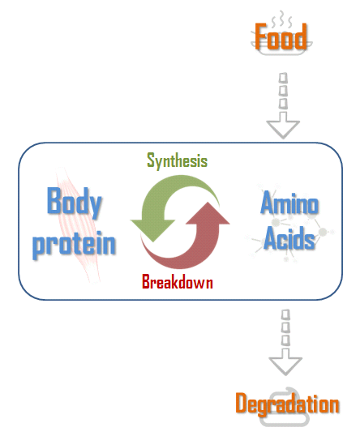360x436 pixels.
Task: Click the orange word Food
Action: tap(281, 36)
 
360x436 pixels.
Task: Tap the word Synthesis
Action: tap(178, 160)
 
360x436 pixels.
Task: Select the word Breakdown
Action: tap(178, 281)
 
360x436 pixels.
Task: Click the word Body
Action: tap(74, 203)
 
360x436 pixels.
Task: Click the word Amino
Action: tap(289, 203)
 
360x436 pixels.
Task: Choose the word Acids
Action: tap(289, 238)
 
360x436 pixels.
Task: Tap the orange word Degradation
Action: tap(287, 404)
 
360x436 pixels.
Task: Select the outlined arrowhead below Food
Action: tap(283, 126)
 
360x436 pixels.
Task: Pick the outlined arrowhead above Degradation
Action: tap(285, 362)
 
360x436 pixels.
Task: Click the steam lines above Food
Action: tap(281, 19)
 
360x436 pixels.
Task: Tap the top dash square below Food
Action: tap(283, 78)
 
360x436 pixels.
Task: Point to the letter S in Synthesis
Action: tap(151, 160)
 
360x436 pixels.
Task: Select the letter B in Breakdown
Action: tap(146, 281)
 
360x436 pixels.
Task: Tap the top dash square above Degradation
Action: tap(285, 314)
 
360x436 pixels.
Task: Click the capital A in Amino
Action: tap(267, 203)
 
